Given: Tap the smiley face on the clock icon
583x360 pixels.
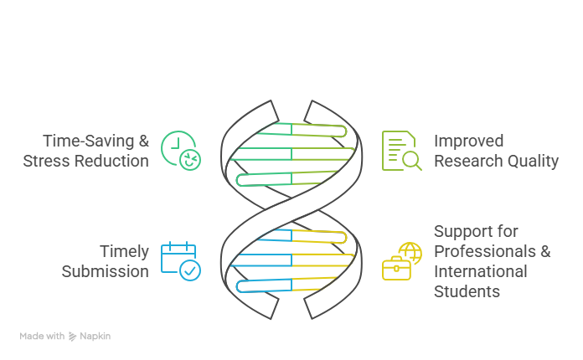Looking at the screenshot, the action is [190, 160].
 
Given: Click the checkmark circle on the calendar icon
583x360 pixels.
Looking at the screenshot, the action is [190, 270].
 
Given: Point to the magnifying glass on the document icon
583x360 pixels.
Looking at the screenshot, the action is [411, 161].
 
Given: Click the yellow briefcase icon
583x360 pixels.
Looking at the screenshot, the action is [396, 268].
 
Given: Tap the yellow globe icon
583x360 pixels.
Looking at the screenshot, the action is [410, 253].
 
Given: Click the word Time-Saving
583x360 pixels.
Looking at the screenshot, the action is [89, 141].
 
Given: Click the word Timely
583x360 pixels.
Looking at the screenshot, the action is [124, 251].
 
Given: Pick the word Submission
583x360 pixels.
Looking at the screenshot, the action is [106, 271].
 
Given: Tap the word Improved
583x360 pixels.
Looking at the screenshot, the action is [469, 141].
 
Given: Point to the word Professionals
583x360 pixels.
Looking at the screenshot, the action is [485, 251].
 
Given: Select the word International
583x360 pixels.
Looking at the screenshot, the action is [480, 271].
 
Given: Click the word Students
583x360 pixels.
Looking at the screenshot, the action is [467, 291].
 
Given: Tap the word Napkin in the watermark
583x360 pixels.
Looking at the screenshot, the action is [95, 337].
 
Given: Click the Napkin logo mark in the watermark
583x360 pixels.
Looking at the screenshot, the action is [72, 337].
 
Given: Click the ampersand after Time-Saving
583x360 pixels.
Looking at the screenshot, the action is [144, 141].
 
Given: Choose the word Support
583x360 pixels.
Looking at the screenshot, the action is [462, 231].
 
